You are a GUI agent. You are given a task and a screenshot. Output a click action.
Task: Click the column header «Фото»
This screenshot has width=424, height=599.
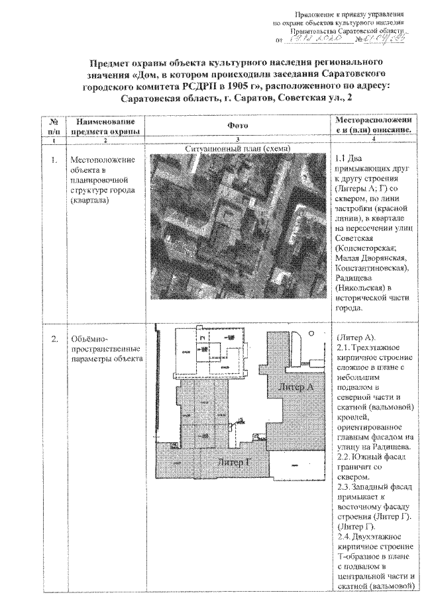237,126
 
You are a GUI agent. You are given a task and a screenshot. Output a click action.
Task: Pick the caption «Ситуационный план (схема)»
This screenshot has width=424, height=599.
237,149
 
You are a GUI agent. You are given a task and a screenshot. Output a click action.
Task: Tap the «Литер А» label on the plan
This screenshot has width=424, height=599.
296,387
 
